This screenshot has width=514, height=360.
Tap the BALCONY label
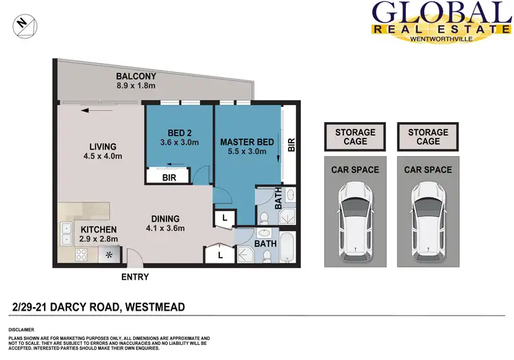[137, 76]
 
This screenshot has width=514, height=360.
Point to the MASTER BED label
[247, 142]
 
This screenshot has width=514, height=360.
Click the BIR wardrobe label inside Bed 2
[168, 177]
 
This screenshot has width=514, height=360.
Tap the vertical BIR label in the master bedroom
[291, 144]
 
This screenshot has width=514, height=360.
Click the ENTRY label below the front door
[134, 277]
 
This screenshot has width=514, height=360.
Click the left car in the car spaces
[354, 219]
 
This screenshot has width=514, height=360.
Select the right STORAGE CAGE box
[428, 136]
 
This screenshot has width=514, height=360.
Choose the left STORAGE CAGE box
[355, 136]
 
